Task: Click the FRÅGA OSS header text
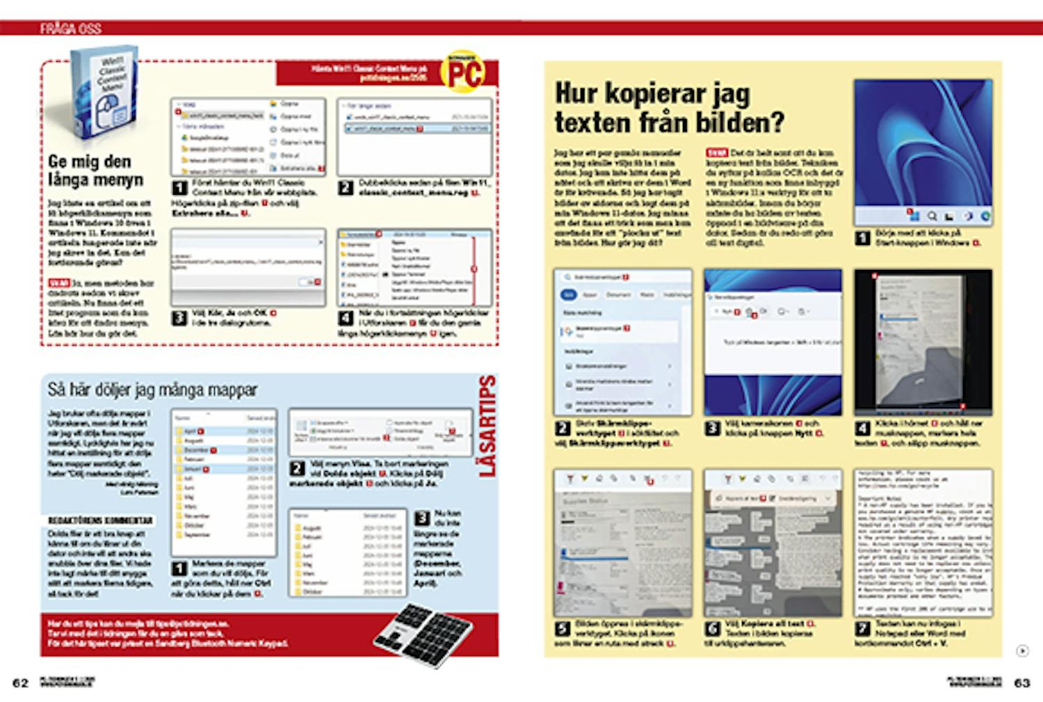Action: (x=70, y=29)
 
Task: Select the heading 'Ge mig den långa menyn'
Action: (x=95, y=170)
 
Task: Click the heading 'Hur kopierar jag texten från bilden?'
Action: (x=669, y=108)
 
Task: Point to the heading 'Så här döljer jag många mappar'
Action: (x=152, y=390)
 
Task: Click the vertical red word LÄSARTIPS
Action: (x=488, y=426)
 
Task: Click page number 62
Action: (x=21, y=683)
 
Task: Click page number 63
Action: (x=1021, y=683)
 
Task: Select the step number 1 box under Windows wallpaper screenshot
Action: (x=862, y=238)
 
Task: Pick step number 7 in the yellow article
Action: (x=862, y=629)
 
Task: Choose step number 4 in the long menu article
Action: (x=346, y=319)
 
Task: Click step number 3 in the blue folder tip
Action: (x=422, y=518)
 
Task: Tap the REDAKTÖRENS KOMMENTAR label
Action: (x=100, y=520)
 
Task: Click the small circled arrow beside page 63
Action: (x=1022, y=651)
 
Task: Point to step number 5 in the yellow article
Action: (x=563, y=629)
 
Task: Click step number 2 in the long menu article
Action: (x=346, y=188)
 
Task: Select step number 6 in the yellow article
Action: (x=713, y=629)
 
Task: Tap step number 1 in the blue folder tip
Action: (x=179, y=568)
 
